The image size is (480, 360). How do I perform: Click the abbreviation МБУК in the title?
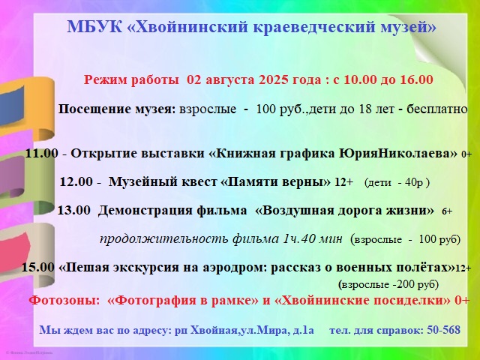click(x=94, y=27)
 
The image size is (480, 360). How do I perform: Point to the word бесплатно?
click(x=436, y=109)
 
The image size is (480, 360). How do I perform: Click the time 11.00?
click(x=41, y=153)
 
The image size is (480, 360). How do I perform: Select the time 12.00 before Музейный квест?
click(x=76, y=181)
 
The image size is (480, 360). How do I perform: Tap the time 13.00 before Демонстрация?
click(x=74, y=210)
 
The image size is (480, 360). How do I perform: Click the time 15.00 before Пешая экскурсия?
click(x=37, y=267)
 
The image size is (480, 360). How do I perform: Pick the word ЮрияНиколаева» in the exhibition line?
click(x=397, y=153)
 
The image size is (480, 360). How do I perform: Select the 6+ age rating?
click(x=447, y=211)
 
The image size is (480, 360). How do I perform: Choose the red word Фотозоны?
click(x=64, y=300)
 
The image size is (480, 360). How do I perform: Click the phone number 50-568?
click(x=443, y=330)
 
